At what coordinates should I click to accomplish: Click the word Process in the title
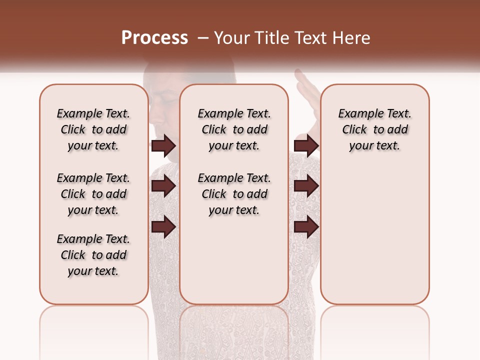154,38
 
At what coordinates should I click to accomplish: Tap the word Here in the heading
352,38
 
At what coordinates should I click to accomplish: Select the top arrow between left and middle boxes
163,146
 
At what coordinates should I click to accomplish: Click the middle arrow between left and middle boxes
163,186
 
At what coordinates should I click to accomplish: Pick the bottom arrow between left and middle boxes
163,227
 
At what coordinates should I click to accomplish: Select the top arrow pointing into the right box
306,146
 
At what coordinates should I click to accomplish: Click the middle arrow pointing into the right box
306,186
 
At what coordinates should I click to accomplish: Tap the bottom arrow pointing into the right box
306,227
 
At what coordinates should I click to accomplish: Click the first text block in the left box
93,129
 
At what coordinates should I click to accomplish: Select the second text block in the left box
93,194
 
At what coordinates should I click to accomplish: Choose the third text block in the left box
93,255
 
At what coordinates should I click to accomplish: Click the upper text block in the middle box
234,129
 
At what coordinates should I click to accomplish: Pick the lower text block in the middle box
234,194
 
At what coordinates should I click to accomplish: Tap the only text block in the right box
374,129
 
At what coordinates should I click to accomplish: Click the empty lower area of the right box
374,235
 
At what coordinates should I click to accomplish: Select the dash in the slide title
203,38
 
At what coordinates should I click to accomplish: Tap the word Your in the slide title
230,38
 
